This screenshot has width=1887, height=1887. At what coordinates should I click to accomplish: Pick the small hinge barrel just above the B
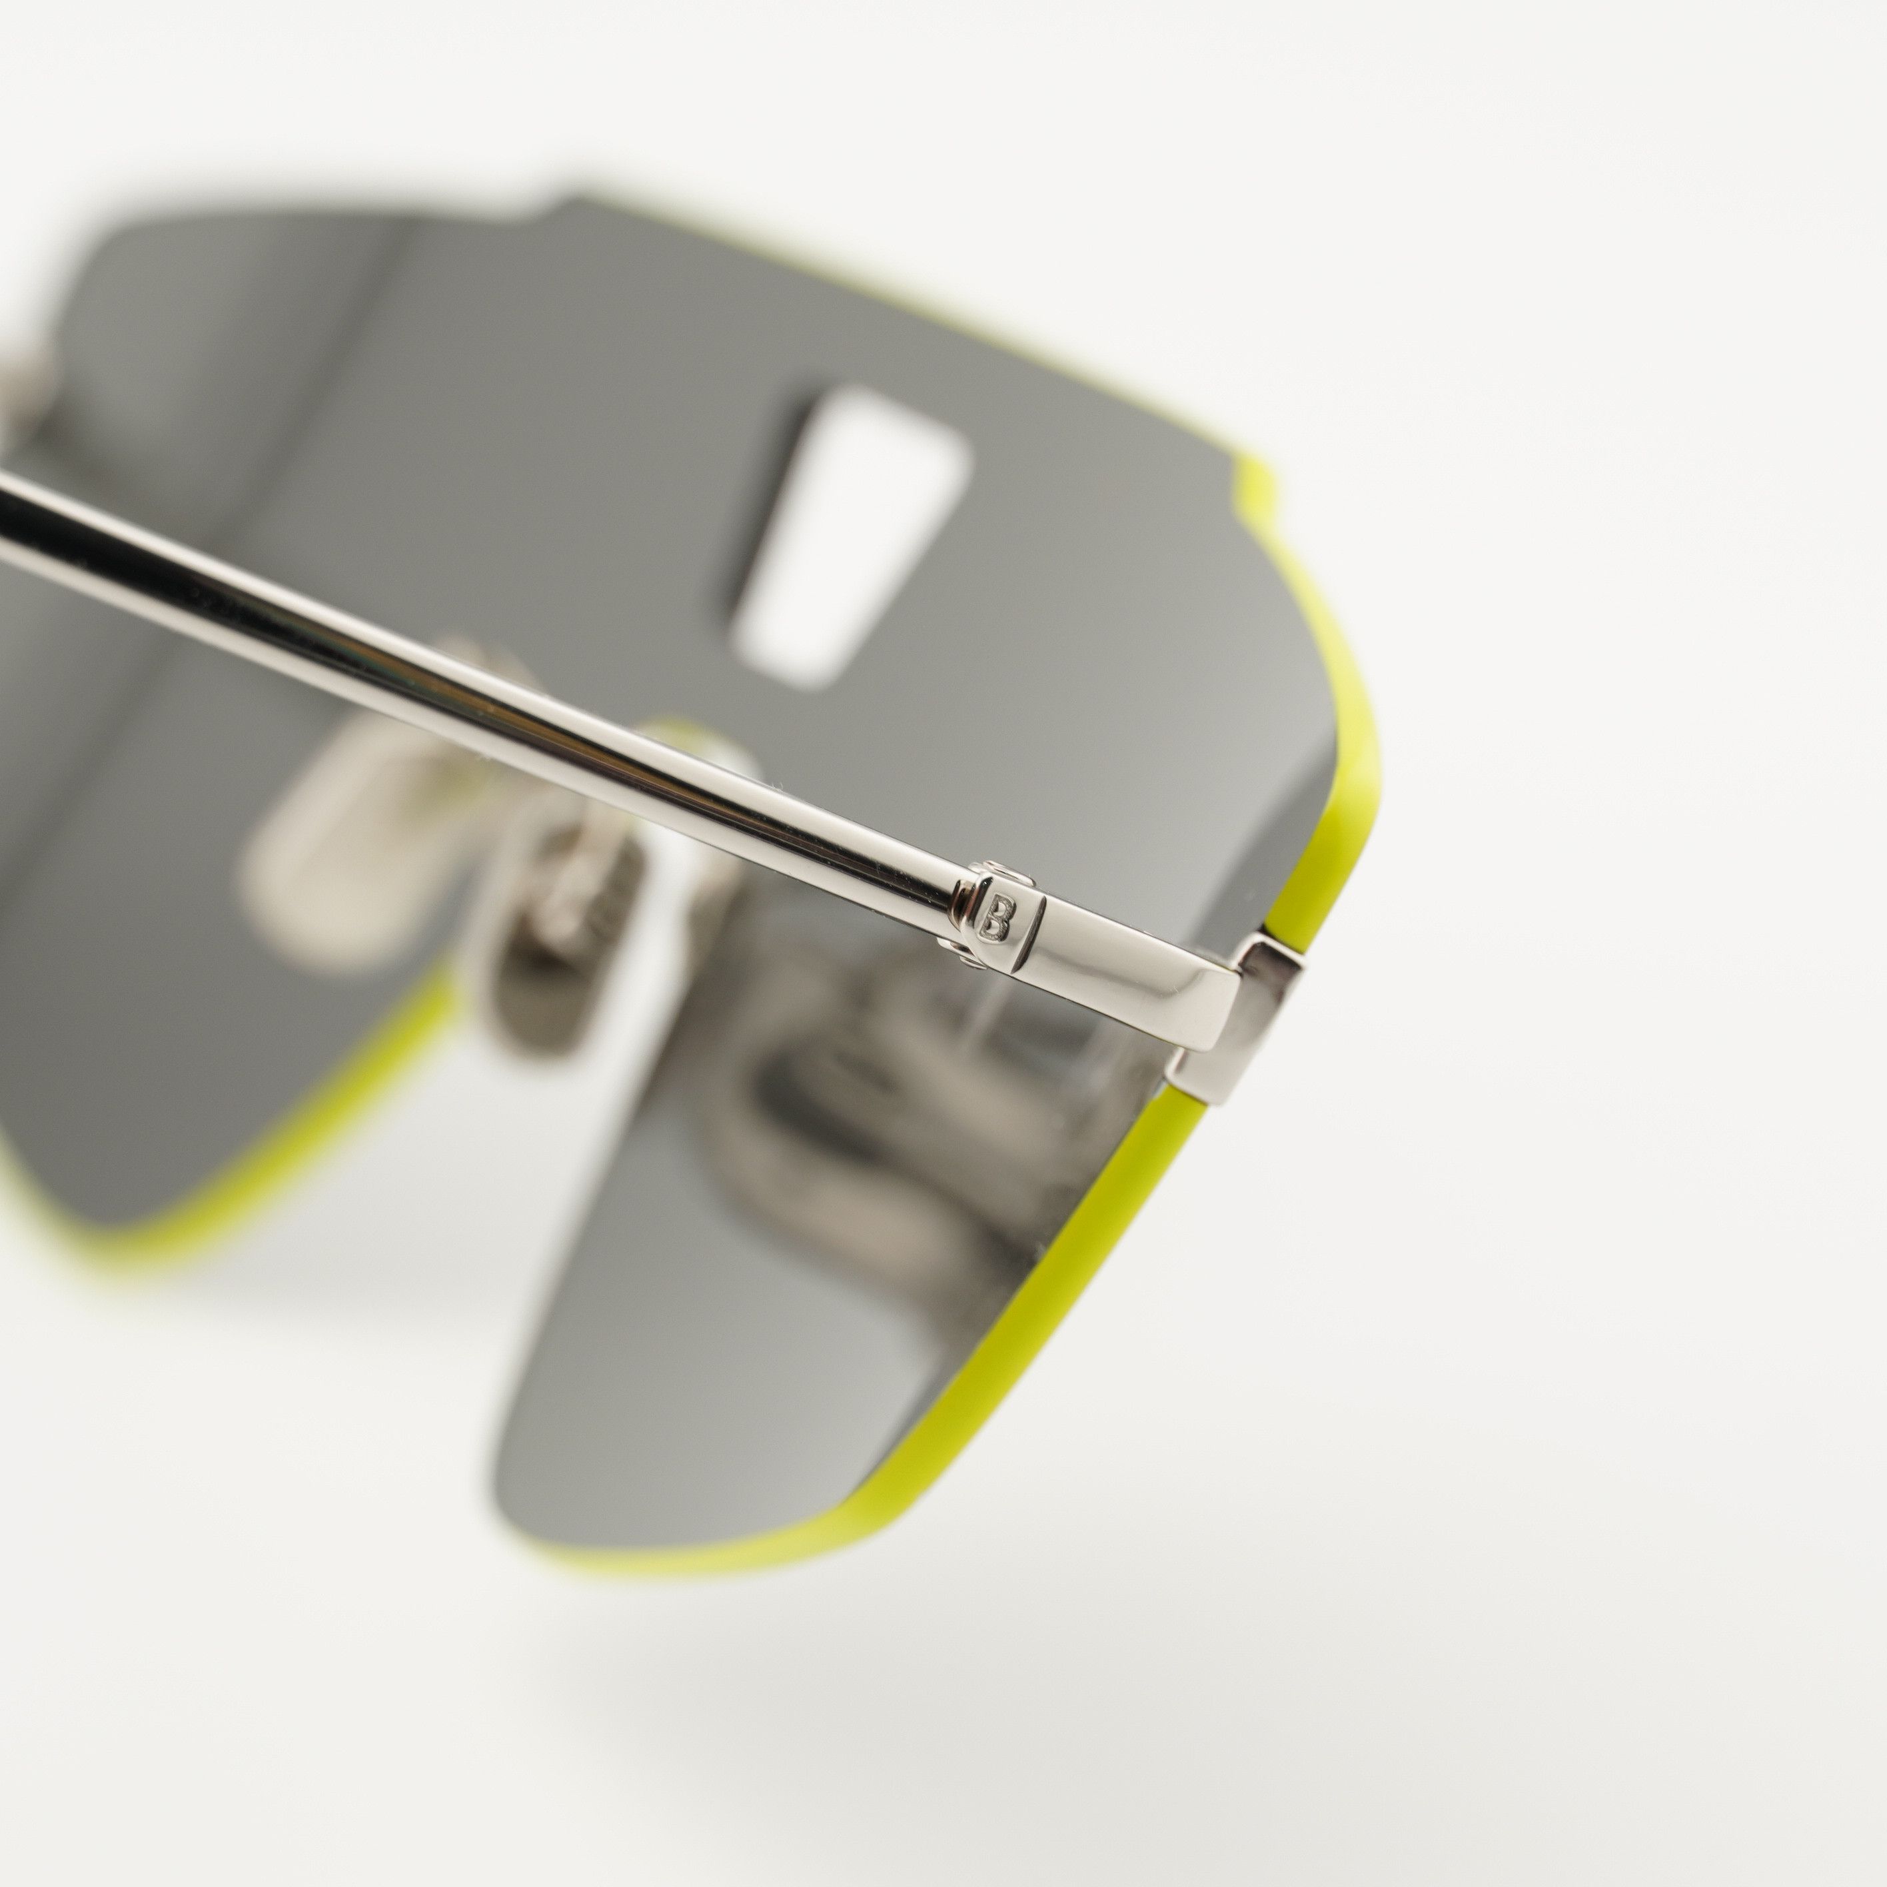point(998,870)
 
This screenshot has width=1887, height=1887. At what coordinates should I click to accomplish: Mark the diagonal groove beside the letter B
point(1030,938)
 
